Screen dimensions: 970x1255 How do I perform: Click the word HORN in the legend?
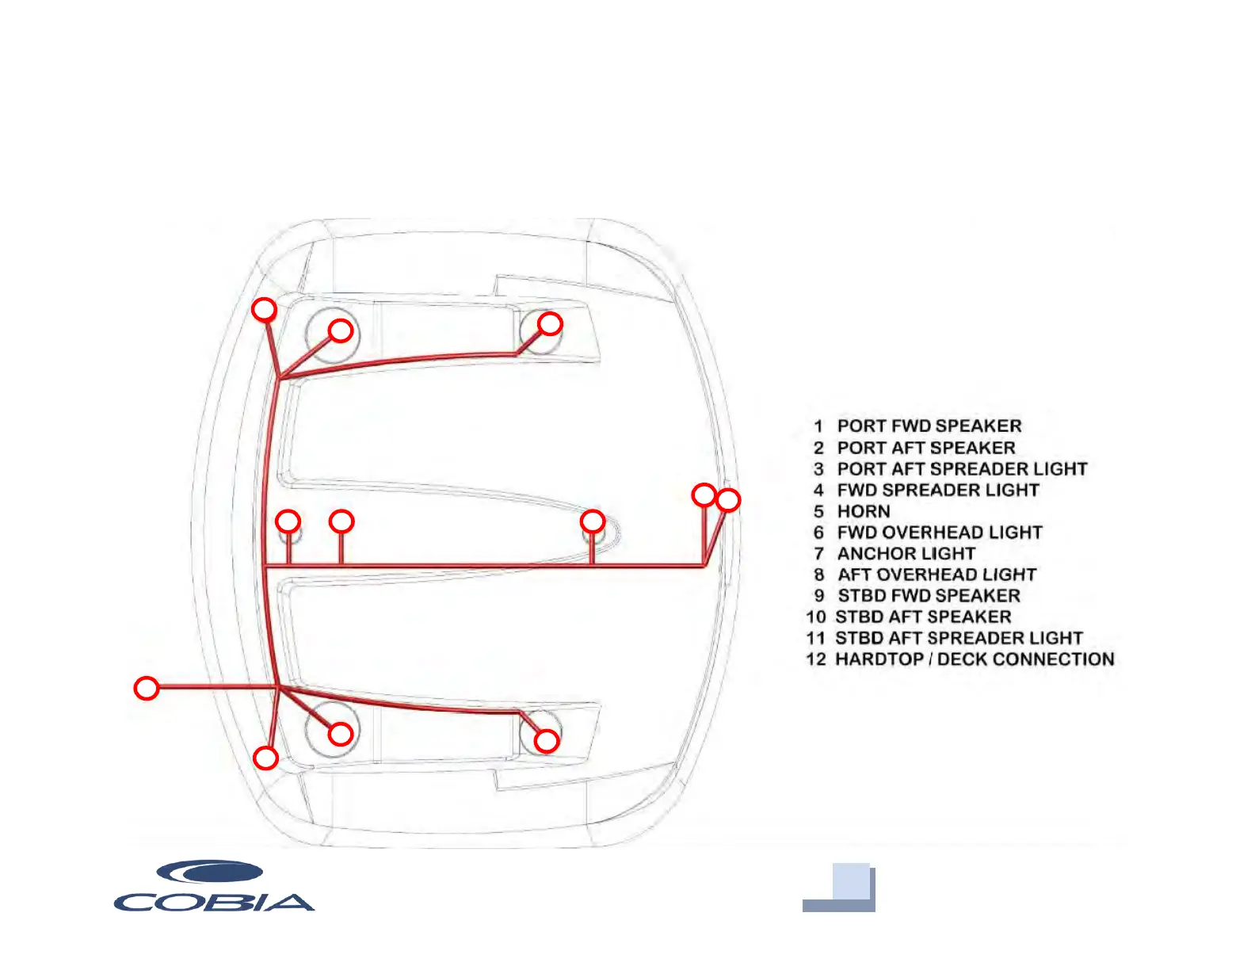pos(863,512)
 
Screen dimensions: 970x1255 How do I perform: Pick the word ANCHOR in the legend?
pos(876,554)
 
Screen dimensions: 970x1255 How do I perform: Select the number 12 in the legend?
pos(815,659)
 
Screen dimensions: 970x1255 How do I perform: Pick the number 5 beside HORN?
pos(818,512)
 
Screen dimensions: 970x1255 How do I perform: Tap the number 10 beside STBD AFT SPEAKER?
pos(815,617)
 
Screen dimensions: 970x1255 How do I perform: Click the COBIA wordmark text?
pos(214,902)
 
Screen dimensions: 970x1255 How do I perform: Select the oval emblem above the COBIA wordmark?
pos(210,873)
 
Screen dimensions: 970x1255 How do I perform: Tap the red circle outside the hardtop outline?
pos(147,688)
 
